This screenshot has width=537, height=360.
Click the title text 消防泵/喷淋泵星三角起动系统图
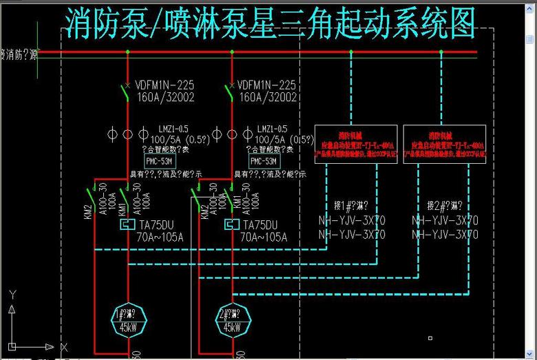271,23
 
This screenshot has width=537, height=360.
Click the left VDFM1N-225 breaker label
165,85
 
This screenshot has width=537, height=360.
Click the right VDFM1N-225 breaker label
267,85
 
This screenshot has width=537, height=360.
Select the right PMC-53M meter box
264,161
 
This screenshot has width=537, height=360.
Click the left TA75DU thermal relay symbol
127,225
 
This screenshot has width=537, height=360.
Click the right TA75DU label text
260,225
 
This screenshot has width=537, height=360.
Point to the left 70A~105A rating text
160,237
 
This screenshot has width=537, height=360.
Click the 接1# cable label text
351,205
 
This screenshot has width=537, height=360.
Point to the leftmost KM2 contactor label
88,211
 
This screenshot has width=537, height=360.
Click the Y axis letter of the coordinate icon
12,294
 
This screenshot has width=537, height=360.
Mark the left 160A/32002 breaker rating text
165,98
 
